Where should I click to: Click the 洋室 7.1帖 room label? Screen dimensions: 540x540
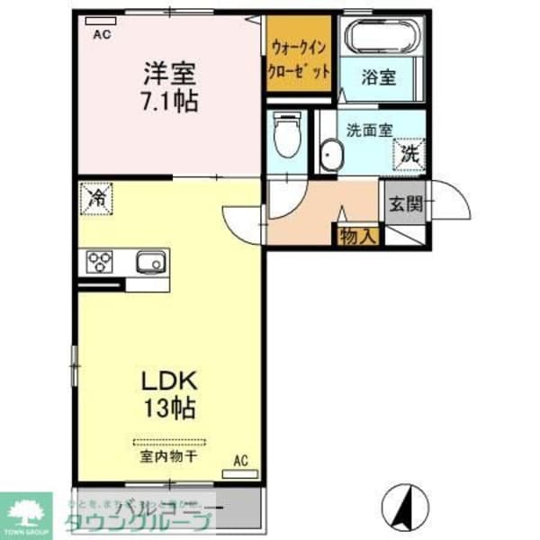click(167, 85)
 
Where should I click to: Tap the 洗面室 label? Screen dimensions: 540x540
click(369, 129)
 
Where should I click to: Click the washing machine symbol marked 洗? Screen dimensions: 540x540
click(409, 154)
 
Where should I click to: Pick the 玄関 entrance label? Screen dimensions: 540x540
click(405, 204)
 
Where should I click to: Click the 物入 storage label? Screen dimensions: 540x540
click(357, 236)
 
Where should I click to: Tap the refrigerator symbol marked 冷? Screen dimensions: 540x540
click(95, 197)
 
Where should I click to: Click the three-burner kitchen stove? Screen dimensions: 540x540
click(100, 262)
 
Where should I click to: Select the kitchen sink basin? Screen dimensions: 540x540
click(148, 262)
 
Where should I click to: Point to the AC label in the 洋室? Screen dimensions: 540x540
click(101, 33)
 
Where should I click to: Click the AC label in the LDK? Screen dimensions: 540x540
click(240, 461)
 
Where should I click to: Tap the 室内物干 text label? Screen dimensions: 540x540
click(168, 456)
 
